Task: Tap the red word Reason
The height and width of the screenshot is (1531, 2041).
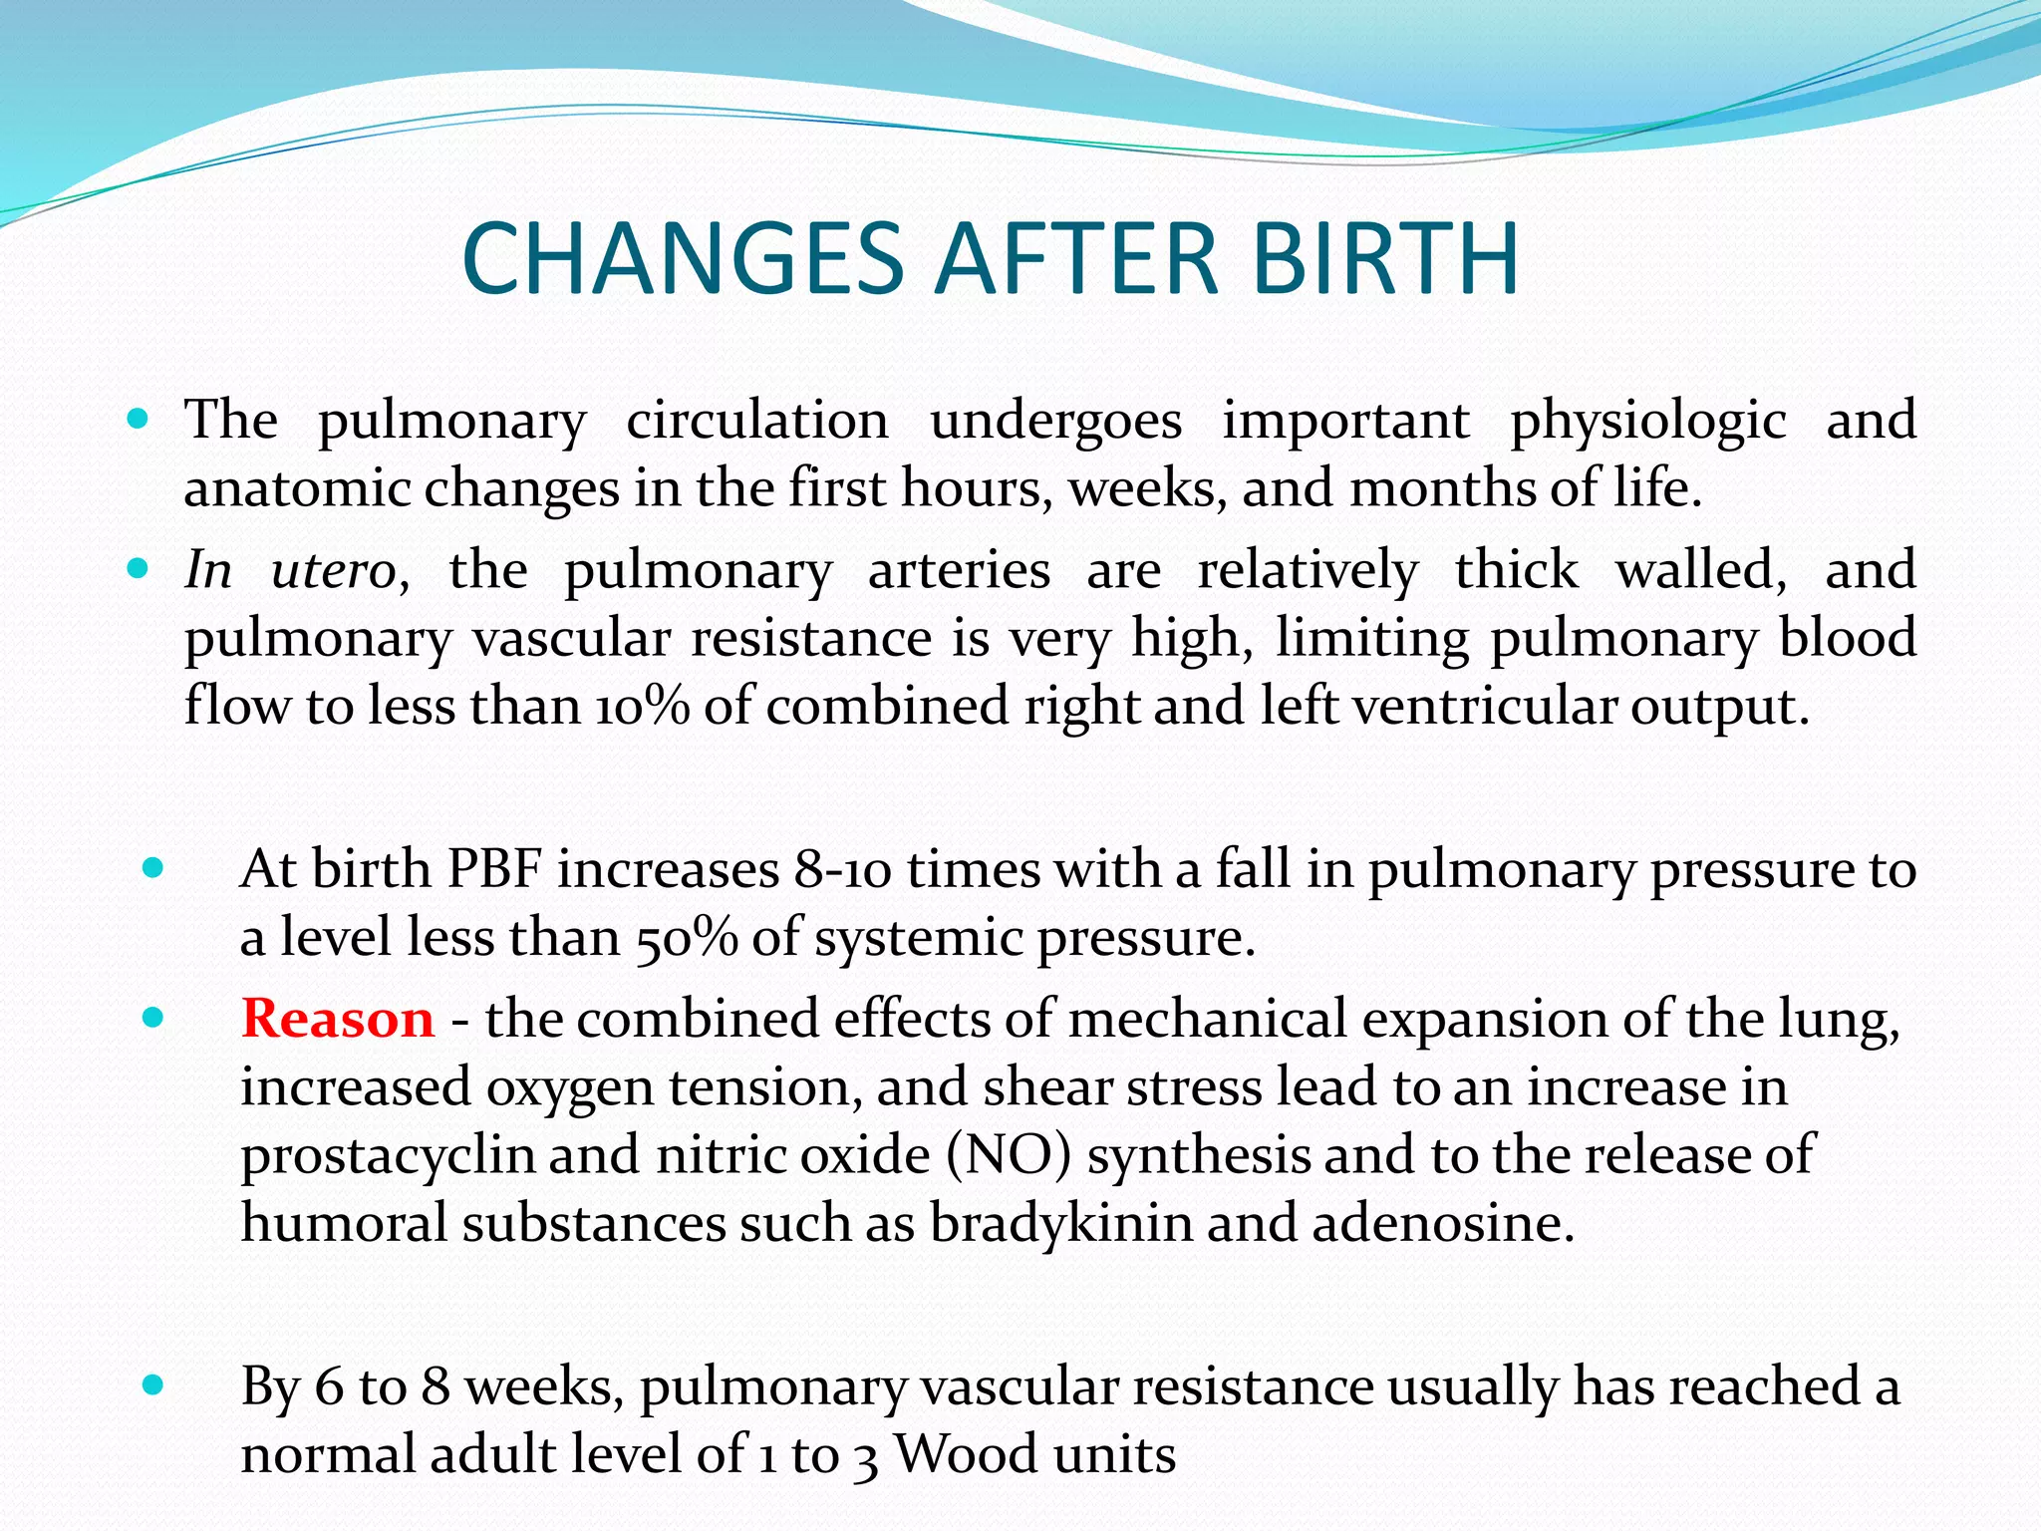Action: pos(338,1019)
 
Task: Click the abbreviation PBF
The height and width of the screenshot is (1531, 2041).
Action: pos(494,869)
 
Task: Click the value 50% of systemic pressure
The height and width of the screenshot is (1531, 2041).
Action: pos(686,938)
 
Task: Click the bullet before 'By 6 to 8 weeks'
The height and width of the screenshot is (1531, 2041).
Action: pos(152,1384)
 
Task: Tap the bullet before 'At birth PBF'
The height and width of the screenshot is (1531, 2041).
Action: pos(152,868)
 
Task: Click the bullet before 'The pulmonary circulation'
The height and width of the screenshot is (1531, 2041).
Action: pos(139,419)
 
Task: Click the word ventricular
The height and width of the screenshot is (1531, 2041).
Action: pos(1482,706)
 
